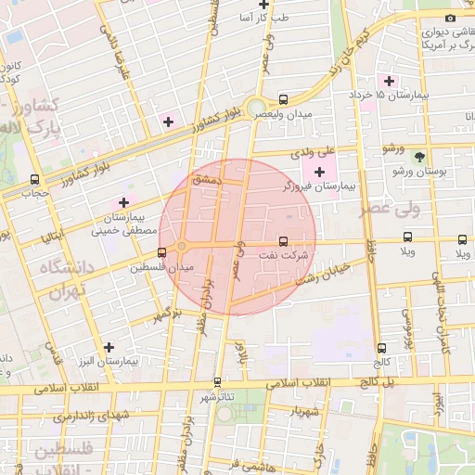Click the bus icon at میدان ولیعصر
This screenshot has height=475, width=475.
click(283, 99)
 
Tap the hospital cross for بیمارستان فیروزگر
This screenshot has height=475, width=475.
click(320, 172)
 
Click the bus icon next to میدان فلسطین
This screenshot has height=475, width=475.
click(162, 251)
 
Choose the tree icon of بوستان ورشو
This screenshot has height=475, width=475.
click(418, 157)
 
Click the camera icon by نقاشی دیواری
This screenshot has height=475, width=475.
click(451, 18)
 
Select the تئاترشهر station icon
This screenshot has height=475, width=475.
click(217, 381)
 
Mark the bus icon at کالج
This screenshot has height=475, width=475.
click(380, 347)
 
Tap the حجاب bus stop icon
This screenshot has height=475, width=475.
click(34, 179)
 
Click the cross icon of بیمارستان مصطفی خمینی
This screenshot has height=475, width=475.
click(122, 201)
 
